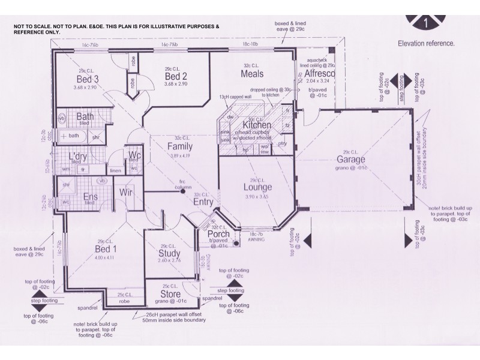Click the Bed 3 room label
[x=87, y=79]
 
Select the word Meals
[x=253, y=74]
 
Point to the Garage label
[x=351, y=160]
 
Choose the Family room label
[x=179, y=146]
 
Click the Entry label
[x=203, y=202]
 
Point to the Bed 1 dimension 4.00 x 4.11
[x=104, y=257]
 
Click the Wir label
[x=126, y=193]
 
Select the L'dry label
[x=79, y=156]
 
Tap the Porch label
[x=218, y=234]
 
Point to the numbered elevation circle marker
[x=425, y=23]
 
